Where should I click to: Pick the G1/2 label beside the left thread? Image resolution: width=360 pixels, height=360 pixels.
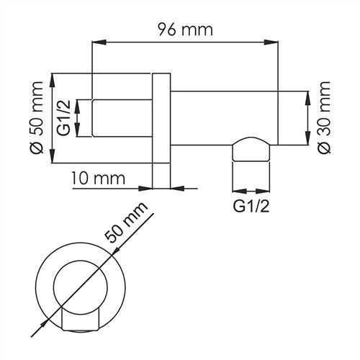click(64, 118)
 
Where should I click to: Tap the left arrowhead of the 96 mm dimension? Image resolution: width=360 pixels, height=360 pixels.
click(94, 44)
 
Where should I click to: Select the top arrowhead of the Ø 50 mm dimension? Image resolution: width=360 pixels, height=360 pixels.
click(53, 75)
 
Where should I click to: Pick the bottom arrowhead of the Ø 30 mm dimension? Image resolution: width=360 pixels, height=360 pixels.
click(308, 143)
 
